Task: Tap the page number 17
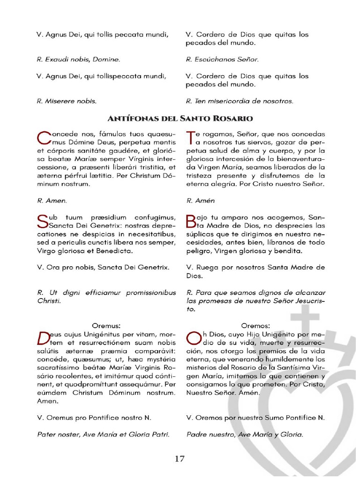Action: pyautogui.click(x=180, y=458)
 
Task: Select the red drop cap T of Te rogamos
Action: pyautogui.click(x=190, y=138)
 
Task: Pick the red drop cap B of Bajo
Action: pyautogui.click(x=191, y=221)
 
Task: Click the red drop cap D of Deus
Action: pyautogui.click(x=43, y=338)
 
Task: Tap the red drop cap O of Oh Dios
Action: pyautogui.click(x=192, y=338)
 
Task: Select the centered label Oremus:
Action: pyautogui.click(x=106, y=325)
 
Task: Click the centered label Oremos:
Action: pyautogui.click(x=255, y=325)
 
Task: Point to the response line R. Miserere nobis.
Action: pyautogui.click(x=67, y=101)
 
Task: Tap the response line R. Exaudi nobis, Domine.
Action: pyautogui.click(x=78, y=60)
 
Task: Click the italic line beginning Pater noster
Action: pyautogui.click(x=103, y=434)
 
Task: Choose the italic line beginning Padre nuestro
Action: pyautogui.click(x=244, y=434)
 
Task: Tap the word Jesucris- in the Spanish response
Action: pyautogui.click(x=307, y=301)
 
